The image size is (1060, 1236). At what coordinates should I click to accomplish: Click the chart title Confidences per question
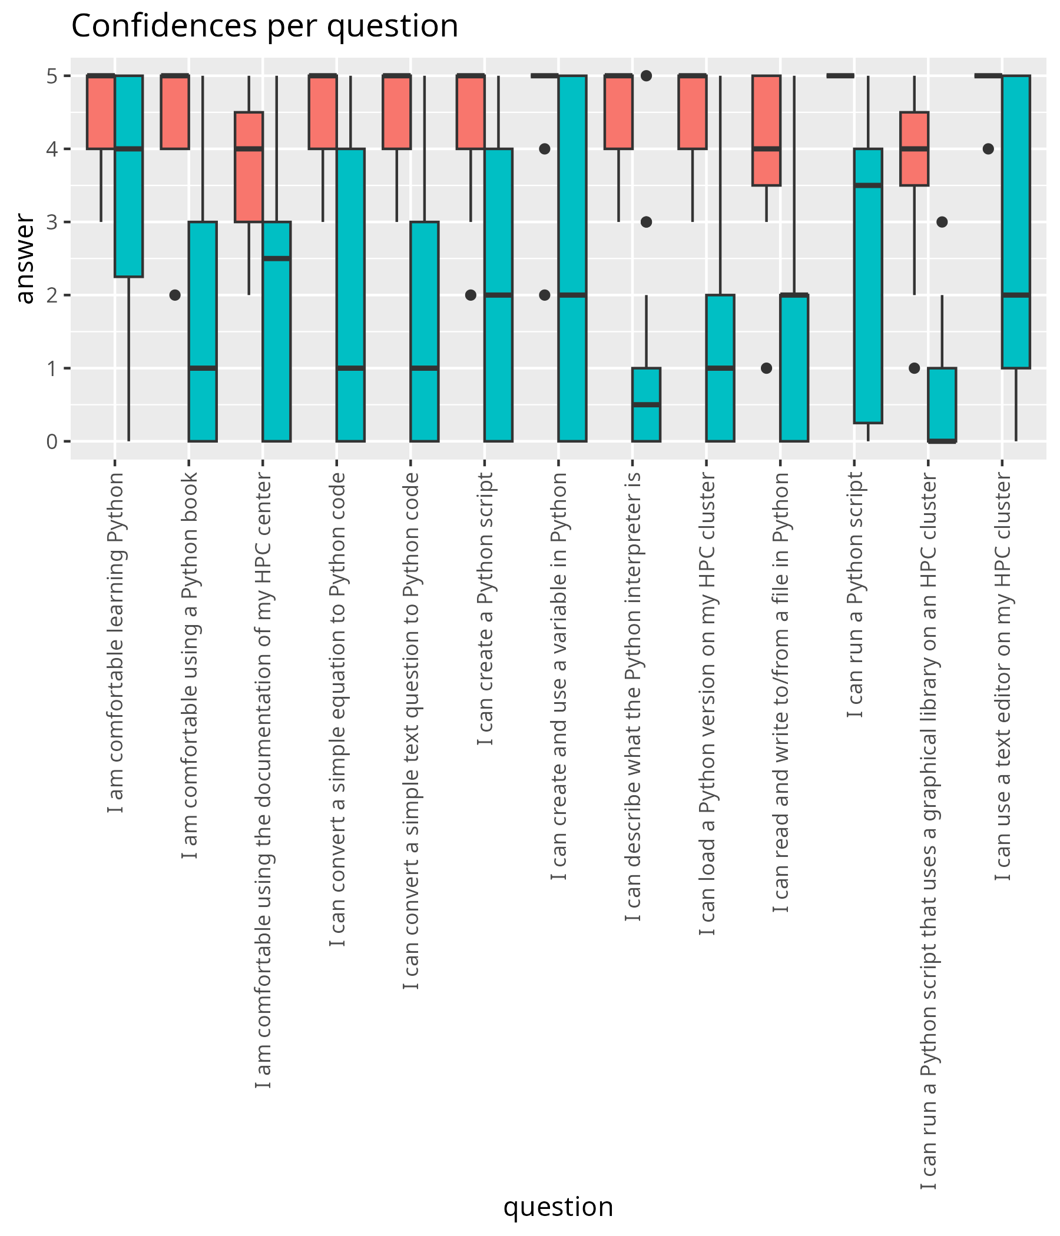(264, 26)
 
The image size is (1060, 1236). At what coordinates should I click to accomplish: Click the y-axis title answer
(25, 259)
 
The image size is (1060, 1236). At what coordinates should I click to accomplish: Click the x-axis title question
(558, 1206)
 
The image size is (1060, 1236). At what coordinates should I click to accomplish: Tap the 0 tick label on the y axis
(52, 442)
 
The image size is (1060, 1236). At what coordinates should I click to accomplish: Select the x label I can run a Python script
(854, 594)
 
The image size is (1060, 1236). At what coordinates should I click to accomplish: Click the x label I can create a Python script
(485, 609)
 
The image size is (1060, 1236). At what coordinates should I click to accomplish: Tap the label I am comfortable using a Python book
(189, 665)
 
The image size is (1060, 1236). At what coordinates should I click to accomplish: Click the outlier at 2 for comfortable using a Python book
(175, 295)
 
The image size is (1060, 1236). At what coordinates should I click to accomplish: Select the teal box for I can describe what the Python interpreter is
(647, 404)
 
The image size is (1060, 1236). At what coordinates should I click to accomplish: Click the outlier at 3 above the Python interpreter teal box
(647, 222)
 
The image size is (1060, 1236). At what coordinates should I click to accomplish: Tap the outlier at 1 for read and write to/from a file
(766, 368)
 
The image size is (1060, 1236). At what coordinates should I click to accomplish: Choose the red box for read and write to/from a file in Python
(766, 130)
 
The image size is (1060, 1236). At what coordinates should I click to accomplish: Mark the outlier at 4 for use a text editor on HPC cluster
(988, 148)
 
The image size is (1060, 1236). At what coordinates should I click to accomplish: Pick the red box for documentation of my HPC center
(249, 167)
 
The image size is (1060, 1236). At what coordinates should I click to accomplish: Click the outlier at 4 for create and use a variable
(544, 148)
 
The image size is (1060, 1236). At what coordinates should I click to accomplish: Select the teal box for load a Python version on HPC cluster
(720, 368)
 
